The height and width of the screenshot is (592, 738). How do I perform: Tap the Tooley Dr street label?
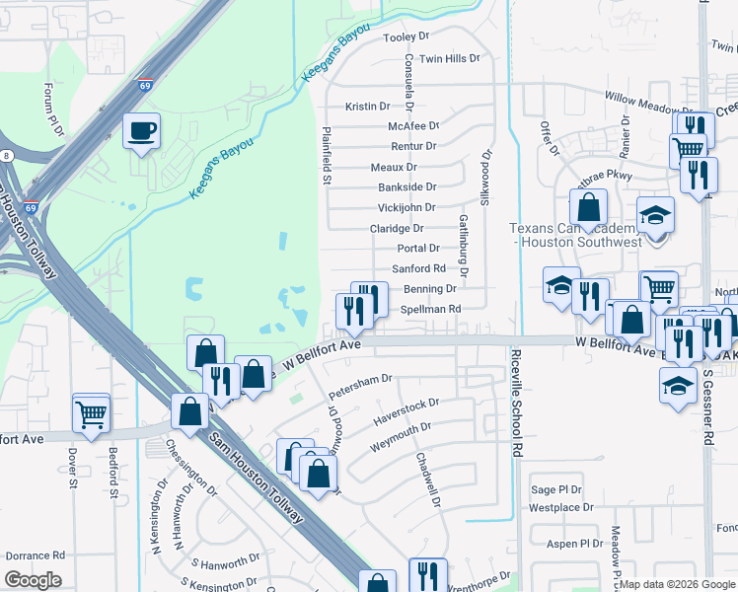407,37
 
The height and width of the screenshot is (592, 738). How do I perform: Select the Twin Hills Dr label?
449,59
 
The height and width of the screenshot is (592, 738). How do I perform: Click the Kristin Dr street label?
368,107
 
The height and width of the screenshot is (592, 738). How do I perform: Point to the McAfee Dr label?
412,126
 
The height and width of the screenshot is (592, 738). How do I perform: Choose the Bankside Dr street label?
406,187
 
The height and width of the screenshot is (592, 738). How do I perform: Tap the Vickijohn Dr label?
406,208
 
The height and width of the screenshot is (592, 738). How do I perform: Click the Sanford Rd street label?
419,268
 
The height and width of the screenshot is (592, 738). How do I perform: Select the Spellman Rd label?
431,309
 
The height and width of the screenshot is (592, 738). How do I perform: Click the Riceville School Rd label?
516,401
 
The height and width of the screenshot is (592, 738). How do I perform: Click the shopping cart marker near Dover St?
92,414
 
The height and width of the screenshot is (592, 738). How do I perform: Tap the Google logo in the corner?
33,580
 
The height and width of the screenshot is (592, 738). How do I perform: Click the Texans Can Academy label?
575,235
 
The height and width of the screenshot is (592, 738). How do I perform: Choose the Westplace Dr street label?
560,508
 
